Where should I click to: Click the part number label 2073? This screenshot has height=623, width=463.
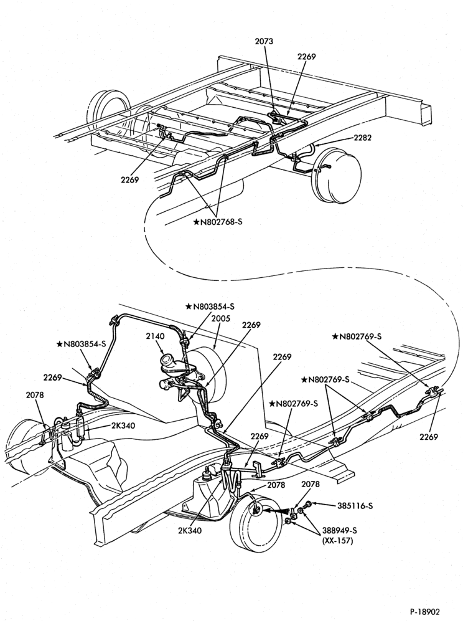(x=265, y=41)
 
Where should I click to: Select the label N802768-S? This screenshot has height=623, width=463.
(x=217, y=222)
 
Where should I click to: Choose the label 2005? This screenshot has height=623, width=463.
(x=220, y=318)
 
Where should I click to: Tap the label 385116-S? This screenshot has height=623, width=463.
(x=355, y=506)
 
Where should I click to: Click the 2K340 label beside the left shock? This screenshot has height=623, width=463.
(x=123, y=426)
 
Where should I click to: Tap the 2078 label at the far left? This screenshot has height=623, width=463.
(x=35, y=395)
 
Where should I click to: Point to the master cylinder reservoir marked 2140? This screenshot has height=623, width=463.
(x=169, y=363)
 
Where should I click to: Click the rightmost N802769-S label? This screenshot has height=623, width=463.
(x=357, y=336)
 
